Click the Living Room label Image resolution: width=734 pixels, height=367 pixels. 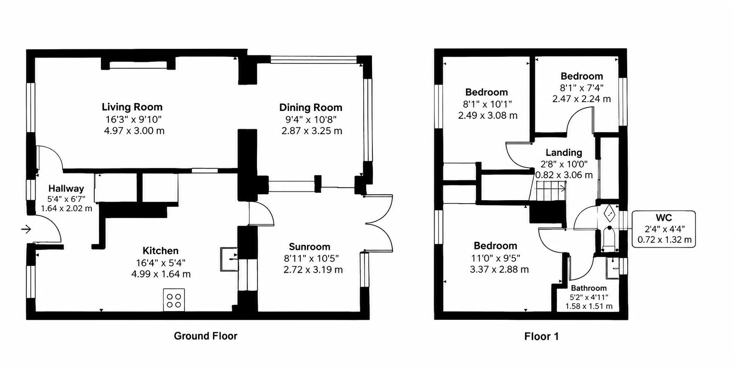(x=132, y=107)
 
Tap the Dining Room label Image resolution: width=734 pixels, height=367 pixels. (x=311, y=108)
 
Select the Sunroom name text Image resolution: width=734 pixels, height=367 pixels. (x=309, y=247)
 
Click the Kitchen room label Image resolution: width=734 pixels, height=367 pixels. (x=161, y=251)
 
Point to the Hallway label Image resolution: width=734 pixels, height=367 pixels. (x=66, y=189)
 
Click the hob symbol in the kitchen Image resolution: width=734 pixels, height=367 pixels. (x=174, y=300)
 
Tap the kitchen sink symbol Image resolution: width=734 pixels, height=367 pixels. (x=229, y=259)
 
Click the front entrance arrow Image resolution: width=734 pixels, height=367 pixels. (x=26, y=229)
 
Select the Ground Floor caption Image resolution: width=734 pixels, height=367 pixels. (x=206, y=336)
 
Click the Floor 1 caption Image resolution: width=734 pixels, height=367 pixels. (x=542, y=337)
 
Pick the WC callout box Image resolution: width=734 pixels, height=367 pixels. (x=664, y=229)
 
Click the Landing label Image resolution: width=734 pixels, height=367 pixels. (x=564, y=153)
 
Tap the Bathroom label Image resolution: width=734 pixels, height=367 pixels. (x=589, y=288)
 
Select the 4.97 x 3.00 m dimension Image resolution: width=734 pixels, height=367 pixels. (x=134, y=131)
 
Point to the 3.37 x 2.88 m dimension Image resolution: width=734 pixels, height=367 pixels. (x=499, y=269)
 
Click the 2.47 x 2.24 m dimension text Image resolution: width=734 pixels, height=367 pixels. (x=581, y=99)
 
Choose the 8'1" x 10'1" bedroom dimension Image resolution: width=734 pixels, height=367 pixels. (x=487, y=104)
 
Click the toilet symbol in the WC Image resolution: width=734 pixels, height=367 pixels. (x=609, y=238)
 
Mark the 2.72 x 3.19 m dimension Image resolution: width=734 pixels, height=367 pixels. (x=313, y=270)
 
